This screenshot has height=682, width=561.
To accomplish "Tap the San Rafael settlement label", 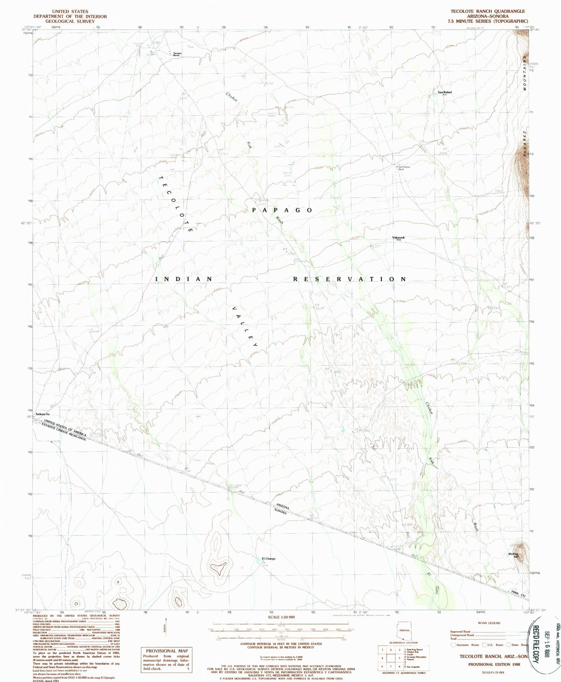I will coord(445,92).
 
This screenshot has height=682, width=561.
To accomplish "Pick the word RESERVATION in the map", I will coord(349,279).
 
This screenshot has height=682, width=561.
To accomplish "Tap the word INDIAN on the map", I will coord(184,279).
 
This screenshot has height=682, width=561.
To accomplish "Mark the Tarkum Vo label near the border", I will coord(43,414).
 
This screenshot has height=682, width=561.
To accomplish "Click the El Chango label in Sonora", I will coord(268,559).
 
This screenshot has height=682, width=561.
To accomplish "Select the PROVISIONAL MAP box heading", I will coord(167,651).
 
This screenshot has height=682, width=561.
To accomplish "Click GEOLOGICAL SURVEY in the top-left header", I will coord(70,22).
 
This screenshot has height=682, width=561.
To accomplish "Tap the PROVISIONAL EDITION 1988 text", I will coord(489,664).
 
